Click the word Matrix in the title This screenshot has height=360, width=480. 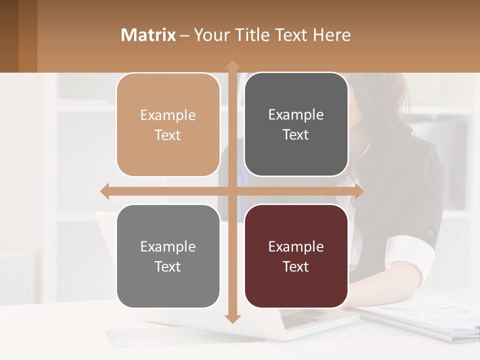click(x=148, y=35)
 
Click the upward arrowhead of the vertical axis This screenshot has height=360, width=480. click(x=232, y=65)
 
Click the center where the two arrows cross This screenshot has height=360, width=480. click(x=232, y=191)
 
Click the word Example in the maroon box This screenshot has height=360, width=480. click(x=296, y=246)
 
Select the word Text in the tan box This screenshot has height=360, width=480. click(x=167, y=135)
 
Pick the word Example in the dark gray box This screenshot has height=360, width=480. click(x=296, y=115)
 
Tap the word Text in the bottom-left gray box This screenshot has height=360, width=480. click(x=167, y=266)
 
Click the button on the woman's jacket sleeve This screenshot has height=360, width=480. click(x=430, y=232)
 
